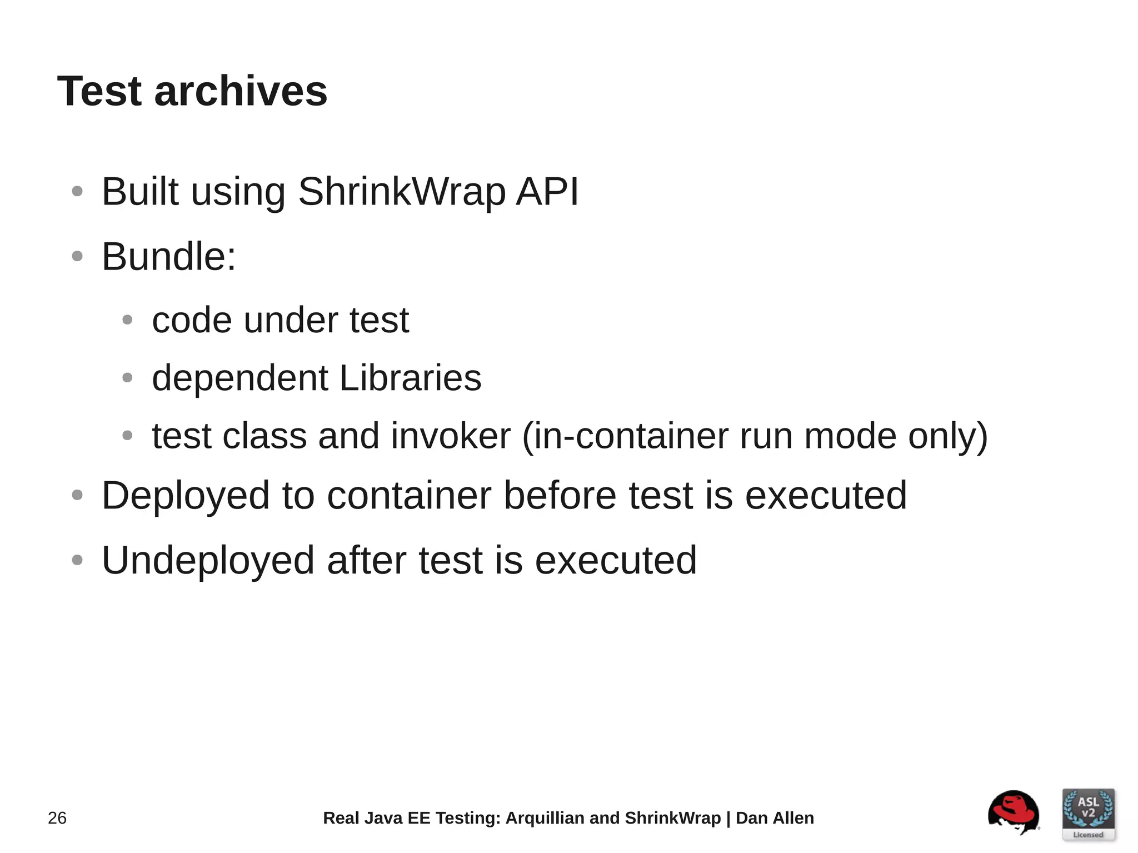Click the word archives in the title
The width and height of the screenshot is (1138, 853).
click(x=241, y=91)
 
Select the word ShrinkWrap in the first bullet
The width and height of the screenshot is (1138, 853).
click(x=402, y=192)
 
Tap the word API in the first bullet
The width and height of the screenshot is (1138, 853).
click(x=547, y=192)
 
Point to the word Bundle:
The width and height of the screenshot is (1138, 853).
click(x=169, y=257)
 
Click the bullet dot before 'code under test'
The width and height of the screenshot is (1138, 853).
click(x=127, y=320)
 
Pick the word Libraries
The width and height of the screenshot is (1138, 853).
click(x=410, y=378)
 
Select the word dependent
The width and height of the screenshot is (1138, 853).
click(x=240, y=378)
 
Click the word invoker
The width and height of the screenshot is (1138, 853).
click(x=451, y=436)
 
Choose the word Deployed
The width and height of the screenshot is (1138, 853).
click(x=186, y=495)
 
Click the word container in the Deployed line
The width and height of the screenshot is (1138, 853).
click(x=409, y=495)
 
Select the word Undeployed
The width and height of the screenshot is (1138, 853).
click(x=208, y=560)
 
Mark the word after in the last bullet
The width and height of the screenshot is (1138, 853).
click(x=366, y=560)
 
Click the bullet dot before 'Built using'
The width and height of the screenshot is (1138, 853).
click(x=77, y=192)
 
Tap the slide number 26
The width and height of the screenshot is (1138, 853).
click(x=57, y=818)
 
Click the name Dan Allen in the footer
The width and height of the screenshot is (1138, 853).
click(x=775, y=818)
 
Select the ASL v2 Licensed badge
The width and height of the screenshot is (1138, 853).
click(x=1088, y=814)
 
